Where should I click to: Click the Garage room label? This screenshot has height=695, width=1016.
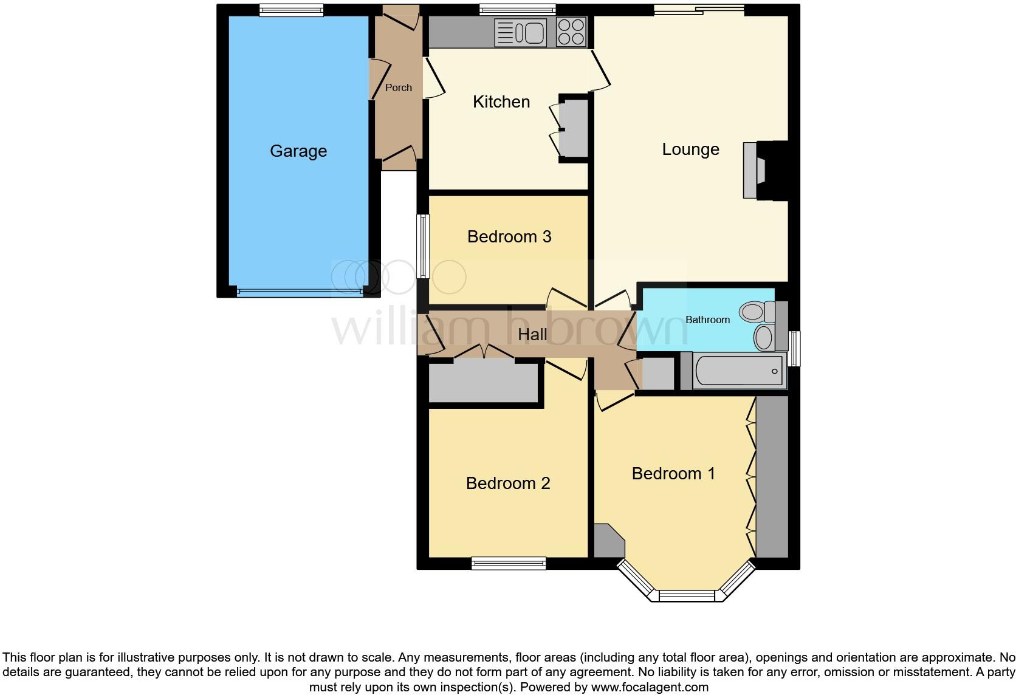298,151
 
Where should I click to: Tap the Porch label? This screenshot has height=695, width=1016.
399,87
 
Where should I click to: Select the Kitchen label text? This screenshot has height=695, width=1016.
501,101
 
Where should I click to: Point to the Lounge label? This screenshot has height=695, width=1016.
690,149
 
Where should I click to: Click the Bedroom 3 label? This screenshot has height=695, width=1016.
509,236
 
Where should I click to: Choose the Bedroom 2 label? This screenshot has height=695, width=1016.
508,483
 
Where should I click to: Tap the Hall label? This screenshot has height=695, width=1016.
532,334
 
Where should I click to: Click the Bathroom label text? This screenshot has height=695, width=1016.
707,320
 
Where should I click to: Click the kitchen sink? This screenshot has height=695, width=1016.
520,32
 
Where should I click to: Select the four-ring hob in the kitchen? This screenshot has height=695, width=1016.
571,32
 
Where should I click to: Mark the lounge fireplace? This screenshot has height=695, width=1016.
764,170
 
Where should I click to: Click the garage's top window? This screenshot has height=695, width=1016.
291,9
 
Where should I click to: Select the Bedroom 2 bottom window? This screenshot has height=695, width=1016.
509,564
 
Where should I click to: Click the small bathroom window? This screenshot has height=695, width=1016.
794,348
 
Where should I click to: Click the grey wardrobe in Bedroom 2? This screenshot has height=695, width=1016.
484,383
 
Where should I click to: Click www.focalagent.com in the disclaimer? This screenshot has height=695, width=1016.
650,688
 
